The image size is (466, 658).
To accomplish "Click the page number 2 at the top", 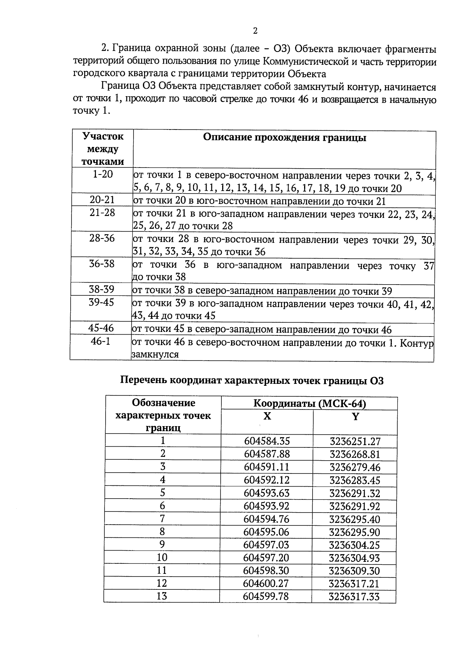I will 255,31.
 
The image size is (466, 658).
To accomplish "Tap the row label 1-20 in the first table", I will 103,174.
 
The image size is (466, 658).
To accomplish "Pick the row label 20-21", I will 102,200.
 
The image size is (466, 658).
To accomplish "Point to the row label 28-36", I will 102,238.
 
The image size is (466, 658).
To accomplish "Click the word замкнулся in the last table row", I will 155,354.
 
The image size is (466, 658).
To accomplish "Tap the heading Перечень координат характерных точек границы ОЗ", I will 252,381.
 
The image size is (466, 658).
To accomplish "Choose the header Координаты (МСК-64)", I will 310,404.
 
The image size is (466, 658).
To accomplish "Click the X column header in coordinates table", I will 267,416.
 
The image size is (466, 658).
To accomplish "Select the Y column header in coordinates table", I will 355,416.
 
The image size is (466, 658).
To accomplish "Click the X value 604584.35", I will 267,441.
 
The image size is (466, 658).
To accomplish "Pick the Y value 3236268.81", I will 355,454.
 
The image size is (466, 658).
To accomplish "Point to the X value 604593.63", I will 267,493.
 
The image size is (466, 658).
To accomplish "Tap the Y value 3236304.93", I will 355,558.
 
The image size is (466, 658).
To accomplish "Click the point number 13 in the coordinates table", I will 162,596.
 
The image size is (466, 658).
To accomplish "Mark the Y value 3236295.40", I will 355,519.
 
